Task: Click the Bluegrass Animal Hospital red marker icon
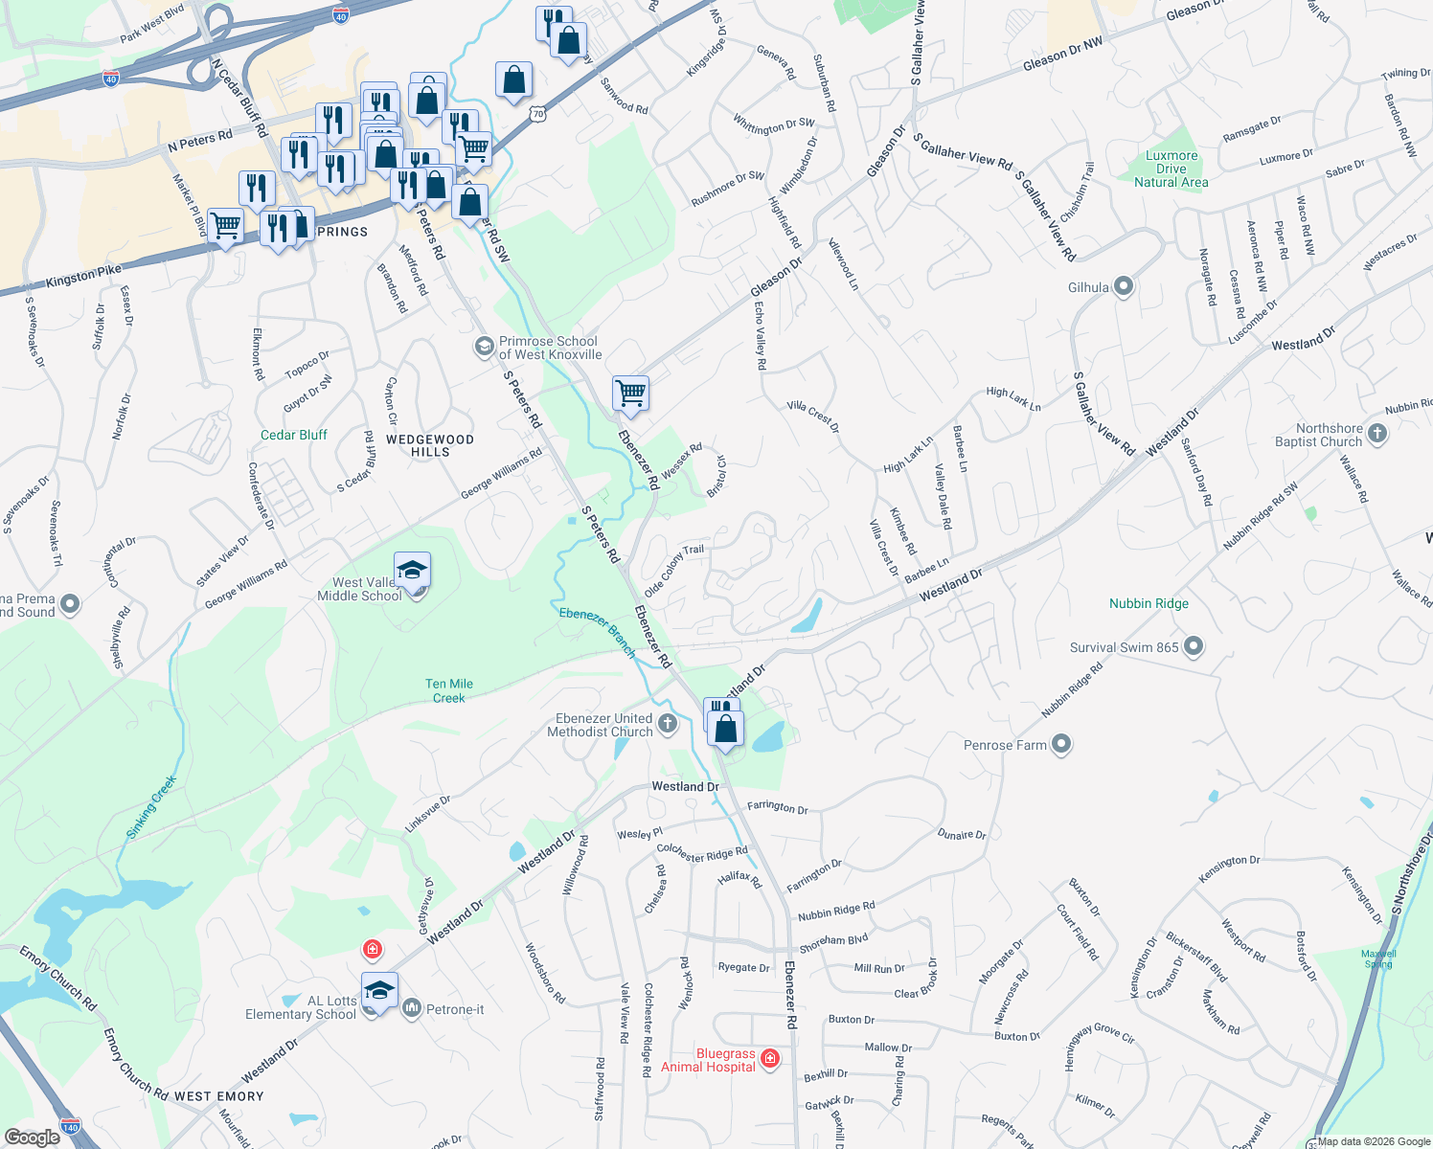pyautogui.click(x=771, y=1059)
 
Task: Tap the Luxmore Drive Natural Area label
pyautogui.click(x=1171, y=169)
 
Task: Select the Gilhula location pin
pyautogui.click(x=1125, y=286)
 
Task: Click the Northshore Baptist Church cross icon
pyautogui.click(x=1377, y=434)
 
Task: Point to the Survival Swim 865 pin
pyautogui.click(x=1193, y=646)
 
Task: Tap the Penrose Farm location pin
pyautogui.click(x=1060, y=744)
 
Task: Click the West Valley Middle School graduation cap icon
pyautogui.click(x=412, y=571)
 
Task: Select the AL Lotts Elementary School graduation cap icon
pyautogui.click(x=379, y=991)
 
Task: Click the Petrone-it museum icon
pyautogui.click(x=412, y=1008)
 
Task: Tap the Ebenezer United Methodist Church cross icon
pyautogui.click(x=668, y=724)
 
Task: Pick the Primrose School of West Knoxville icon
pyautogui.click(x=485, y=346)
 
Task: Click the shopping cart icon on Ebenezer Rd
pyautogui.click(x=630, y=393)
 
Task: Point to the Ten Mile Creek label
pyautogui.click(x=448, y=690)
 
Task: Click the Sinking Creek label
pyautogui.click(x=152, y=807)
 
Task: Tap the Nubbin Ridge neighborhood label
pyautogui.click(x=1149, y=603)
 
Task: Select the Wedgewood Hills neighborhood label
pyautogui.click(x=430, y=445)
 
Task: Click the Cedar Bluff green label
pyautogui.click(x=294, y=435)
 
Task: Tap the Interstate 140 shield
pyautogui.click(x=70, y=1126)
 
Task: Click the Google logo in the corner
pyautogui.click(x=32, y=1137)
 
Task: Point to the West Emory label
pyautogui.click(x=219, y=1096)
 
